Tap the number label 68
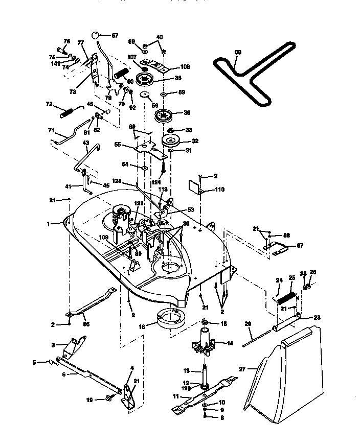click(x=237, y=52)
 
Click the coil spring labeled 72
click(x=70, y=111)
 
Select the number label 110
click(x=219, y=190)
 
